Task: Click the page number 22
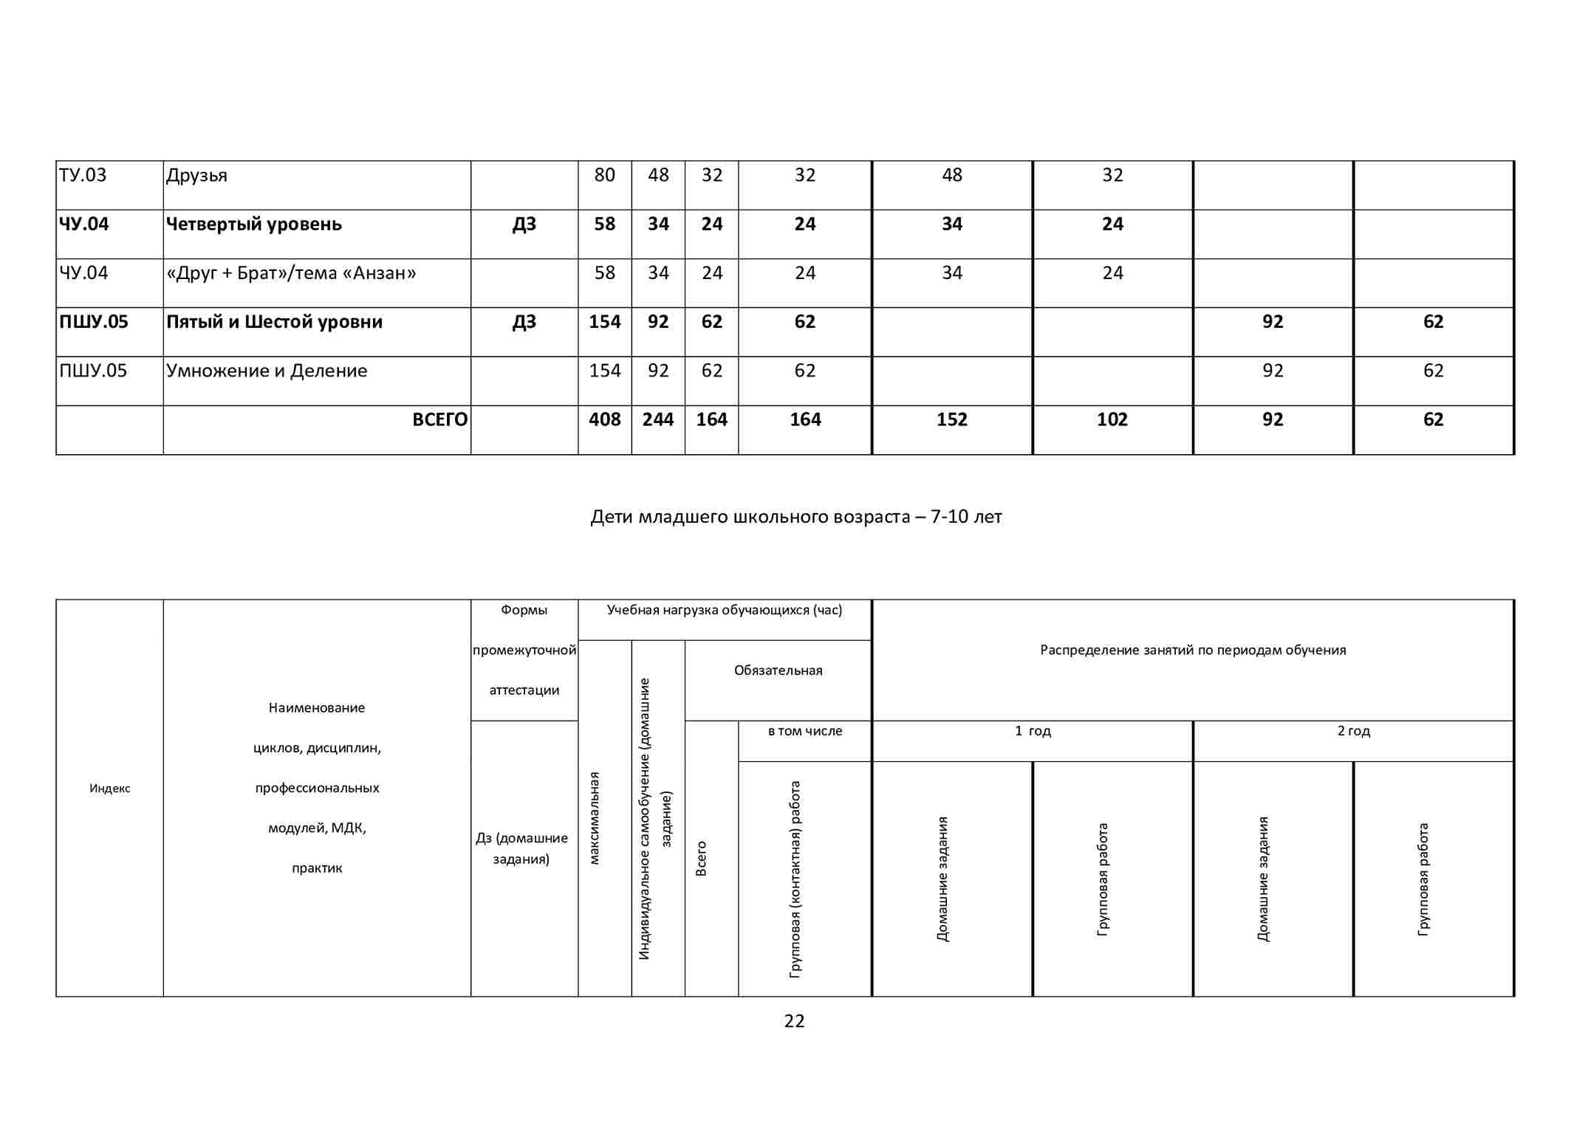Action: point(794,1021)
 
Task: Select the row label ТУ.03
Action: point(83,176)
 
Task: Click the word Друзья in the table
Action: point(196,176)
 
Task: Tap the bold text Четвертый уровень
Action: point(253,224)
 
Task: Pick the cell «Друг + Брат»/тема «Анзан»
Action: point(291,273)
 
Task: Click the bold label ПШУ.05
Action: point(94,322)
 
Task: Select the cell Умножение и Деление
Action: point(267,371)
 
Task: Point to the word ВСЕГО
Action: point(439,419)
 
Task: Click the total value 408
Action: point(604,419)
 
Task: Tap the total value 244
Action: point(658,419)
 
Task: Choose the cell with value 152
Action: point(951,419)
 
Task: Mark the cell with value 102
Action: point(1112,419)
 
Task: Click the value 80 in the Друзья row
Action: point(604,176)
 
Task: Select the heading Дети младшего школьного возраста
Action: point(795,517)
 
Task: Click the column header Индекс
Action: point(110,789)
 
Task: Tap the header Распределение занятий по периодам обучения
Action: point(1193,650)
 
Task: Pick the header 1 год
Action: point(1033,731)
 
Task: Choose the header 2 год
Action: point(1353,731)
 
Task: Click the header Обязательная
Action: point(778,670)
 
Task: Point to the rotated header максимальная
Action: point(595,818)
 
